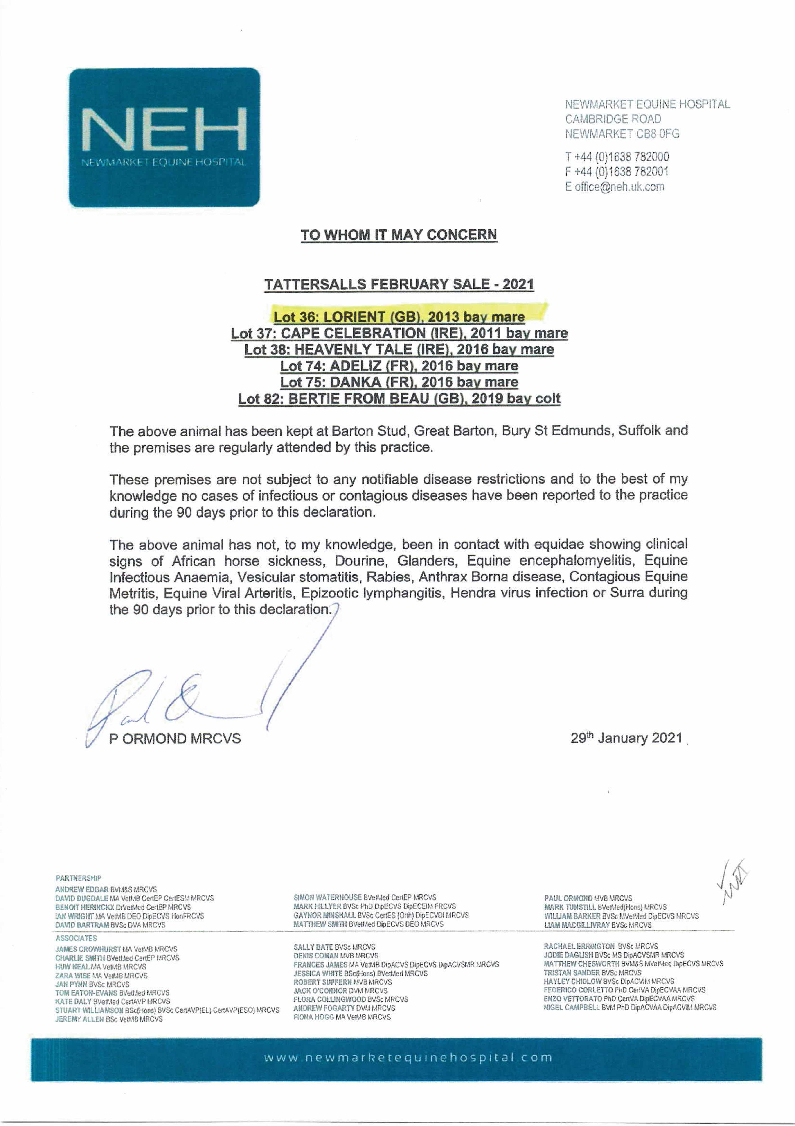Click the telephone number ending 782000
[617, 157]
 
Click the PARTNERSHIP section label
[79, 878]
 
